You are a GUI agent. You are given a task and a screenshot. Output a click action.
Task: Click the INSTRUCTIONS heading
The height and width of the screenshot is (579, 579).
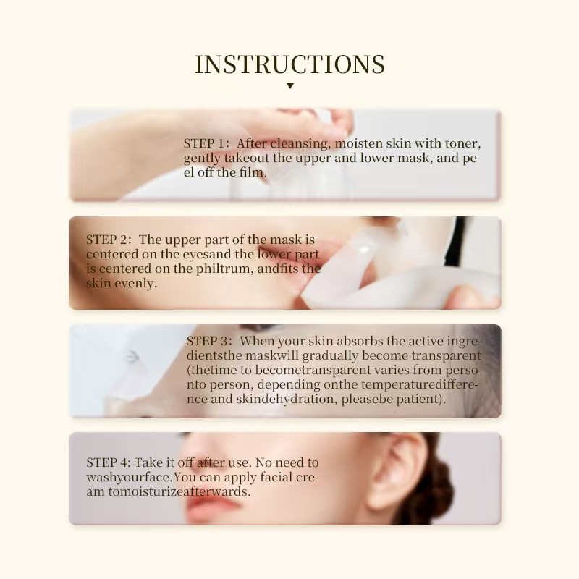(289, 64)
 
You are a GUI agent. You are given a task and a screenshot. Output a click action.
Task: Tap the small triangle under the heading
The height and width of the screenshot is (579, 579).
(289, 85)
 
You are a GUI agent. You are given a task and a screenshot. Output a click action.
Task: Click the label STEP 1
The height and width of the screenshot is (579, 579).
(206, 143)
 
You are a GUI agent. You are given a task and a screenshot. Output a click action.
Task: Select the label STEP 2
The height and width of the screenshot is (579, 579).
(108, 240)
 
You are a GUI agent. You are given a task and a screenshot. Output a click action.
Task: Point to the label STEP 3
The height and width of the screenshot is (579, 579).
(209, 341)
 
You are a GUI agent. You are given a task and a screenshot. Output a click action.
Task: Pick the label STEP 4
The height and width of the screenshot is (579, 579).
(108, 462)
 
